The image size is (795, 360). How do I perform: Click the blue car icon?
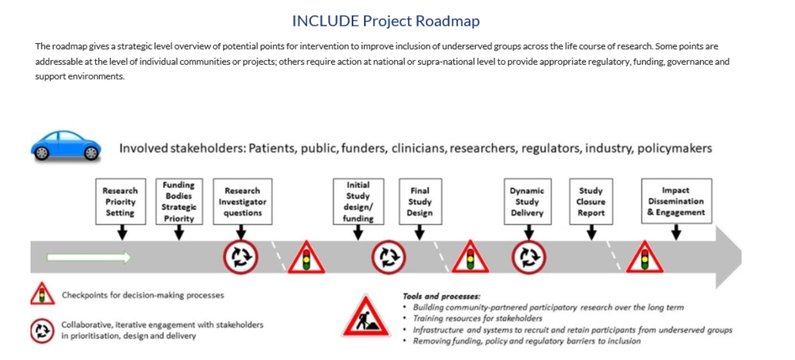tap(66, 145)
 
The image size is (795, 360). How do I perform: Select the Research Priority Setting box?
tap(120, 202)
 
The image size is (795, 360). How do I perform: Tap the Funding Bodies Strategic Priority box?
tap(179, 202)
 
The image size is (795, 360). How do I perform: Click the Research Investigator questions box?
tap(242, 202)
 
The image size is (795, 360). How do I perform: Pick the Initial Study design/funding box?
tap(358, 202)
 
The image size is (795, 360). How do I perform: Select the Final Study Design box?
tap(420, 202)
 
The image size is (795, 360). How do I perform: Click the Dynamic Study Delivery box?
tap(527, 202)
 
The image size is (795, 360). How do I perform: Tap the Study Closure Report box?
tap(591, 202)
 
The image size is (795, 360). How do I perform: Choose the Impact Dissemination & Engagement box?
tap(676, 201)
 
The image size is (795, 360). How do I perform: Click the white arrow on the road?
tap(89, 257)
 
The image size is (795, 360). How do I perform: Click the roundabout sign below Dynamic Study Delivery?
tap(529, 258)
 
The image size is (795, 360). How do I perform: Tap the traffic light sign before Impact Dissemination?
tap(645, 258)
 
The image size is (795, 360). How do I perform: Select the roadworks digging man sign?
tap(366, 317)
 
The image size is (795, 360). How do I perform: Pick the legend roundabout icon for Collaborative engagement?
tap(42, 331)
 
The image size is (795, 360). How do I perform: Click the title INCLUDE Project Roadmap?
tap(386, 21)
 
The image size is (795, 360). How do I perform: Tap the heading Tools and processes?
tap(441, 297)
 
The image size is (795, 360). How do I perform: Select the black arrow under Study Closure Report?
tap(591, 233)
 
